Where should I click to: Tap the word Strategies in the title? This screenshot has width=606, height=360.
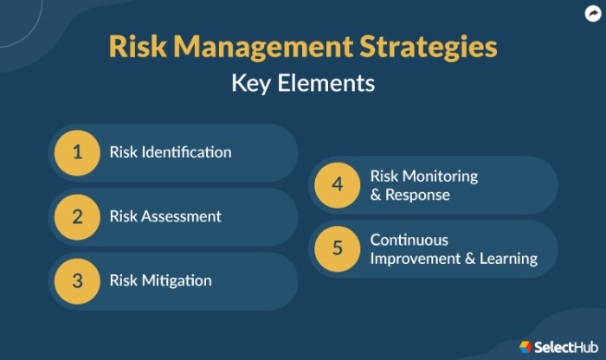click(x=429, y=48)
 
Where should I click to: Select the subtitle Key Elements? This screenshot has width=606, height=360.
click(x=303, y=83)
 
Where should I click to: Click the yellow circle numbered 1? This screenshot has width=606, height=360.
click(x=77, y=153)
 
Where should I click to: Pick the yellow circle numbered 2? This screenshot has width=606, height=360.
click(x=77, y=217)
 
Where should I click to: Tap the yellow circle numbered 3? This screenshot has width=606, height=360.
click(x=77, y=281)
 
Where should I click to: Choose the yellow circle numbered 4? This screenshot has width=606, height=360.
click(x=338, y=185)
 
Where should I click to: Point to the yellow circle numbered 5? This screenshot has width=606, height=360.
click(x=338, y=248)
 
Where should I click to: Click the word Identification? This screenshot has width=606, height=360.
click(x=187, y=151)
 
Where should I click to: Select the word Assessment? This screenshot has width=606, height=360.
click(x=181, y=216)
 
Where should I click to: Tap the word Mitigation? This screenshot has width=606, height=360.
click(x=177, y=280)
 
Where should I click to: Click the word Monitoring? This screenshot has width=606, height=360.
click(x=440, y=177)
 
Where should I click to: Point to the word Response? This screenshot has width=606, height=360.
click(x=417, y=195)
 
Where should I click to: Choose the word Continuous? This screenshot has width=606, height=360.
click(x=409, y=240)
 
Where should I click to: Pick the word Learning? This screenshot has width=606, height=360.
click(x=509, y=259)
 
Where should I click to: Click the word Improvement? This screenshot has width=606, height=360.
click(x=416, y=259)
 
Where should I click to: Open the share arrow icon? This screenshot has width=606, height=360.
click(x=593, y=14)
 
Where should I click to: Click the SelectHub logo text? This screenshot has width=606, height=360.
click(x=566, y=347)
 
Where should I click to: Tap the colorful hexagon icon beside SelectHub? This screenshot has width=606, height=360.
click(x=525, y=347)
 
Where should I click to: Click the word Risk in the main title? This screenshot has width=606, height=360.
click(x=138, y=47)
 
